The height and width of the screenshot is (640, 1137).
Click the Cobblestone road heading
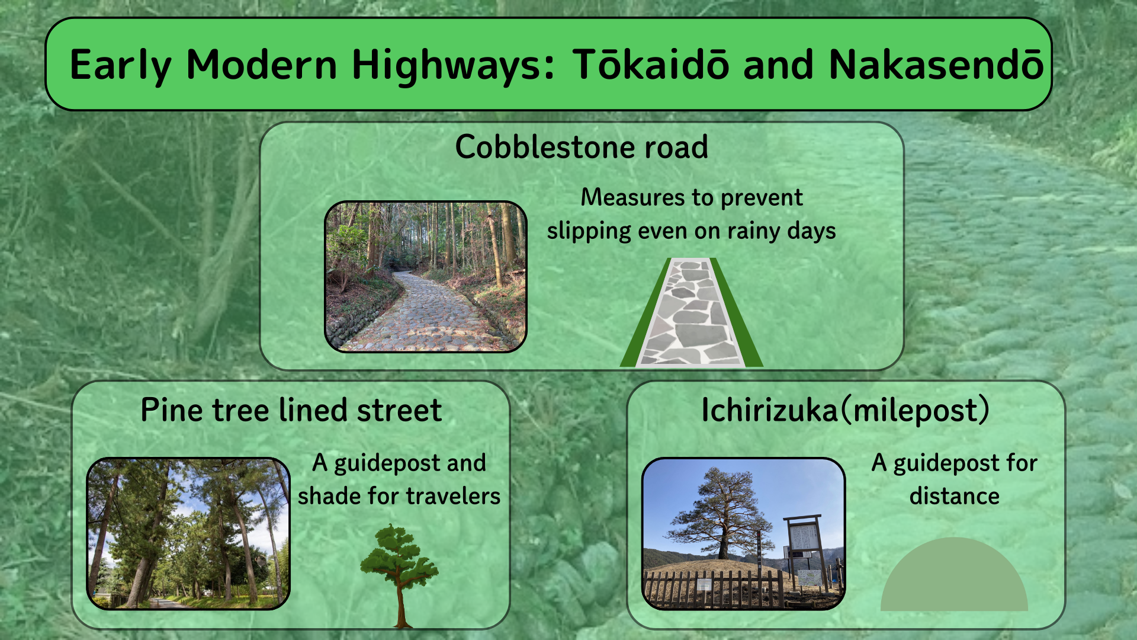(582, 146)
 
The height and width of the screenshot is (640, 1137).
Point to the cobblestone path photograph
(426, 277)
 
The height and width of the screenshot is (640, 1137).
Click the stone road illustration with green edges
(691, 312)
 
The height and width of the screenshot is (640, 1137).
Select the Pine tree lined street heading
(291, 410)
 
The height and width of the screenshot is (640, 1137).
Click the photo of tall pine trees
(188, 533)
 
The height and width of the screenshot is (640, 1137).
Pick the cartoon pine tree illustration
(400, 575)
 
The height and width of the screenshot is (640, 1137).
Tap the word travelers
(448, 496)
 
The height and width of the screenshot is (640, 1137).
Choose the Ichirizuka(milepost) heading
(845, 410)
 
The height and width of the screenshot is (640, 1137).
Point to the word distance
(955, 496)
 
